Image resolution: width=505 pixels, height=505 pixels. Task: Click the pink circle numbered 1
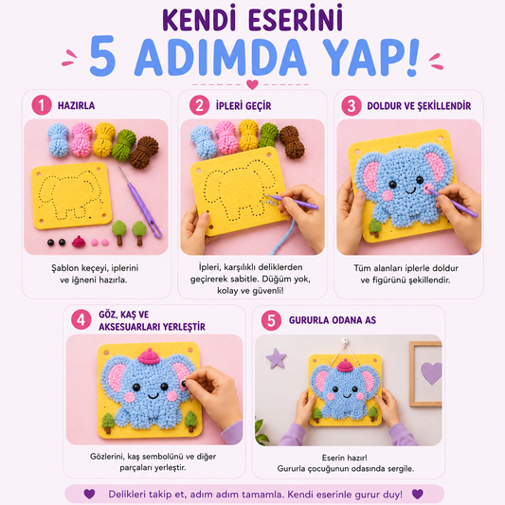click(42, 105)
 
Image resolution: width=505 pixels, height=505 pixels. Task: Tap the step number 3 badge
click(352, 105)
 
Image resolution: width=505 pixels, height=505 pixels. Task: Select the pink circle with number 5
click(271, 320)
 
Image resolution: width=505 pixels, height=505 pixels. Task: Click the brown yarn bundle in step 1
click(144, 152)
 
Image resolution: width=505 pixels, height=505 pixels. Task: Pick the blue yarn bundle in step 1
click(59, 140)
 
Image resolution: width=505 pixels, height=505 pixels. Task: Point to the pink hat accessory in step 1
click(79, 241)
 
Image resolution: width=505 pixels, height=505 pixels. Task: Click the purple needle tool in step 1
click(141, 203)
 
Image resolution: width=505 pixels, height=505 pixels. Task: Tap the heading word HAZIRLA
click(77, 105)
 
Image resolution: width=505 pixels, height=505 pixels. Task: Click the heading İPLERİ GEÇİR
click(243, 105)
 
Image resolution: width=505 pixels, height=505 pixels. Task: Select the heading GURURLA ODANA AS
click(333, 320)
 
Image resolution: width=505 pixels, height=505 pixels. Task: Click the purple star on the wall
click(276, 358)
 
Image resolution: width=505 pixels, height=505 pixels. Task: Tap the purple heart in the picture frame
click(431, 373)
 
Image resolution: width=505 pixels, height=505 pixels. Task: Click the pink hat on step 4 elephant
click(149, 356)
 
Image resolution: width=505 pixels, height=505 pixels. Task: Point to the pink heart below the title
click(252, 84)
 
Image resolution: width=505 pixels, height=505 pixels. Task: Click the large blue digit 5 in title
click(102, 56)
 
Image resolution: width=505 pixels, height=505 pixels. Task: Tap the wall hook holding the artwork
click(345, 340)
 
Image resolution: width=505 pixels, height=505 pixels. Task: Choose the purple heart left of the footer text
click(89, 494)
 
